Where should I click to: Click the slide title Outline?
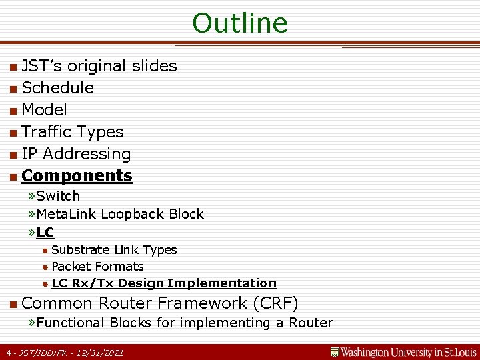pos(240,23)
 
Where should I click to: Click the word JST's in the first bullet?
pos(43,66)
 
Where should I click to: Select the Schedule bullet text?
pos(57,88)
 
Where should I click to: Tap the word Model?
pos(44,110)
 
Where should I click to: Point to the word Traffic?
pos(46,132)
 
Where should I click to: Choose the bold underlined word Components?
pos(77,176)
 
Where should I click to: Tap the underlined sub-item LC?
pos(45,233)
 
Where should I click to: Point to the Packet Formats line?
pos(97,267)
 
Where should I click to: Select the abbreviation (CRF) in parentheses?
pos(275,303)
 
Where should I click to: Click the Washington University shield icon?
pos(335,351)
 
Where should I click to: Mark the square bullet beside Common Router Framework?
pos(13,305)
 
